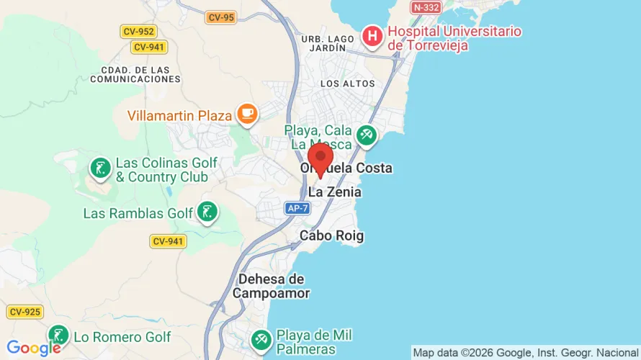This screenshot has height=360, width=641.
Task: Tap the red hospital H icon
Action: tap(372, 35)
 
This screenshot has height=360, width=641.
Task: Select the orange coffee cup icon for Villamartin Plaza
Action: tap(247, 113)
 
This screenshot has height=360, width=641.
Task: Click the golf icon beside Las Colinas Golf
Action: tap(99, 168)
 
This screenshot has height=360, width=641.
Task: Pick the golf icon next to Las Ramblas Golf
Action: tap(207, 212)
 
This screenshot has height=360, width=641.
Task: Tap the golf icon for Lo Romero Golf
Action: tap(58, 335)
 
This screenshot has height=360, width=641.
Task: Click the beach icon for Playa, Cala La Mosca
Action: tap(367, 134)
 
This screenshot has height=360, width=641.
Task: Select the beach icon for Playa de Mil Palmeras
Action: tap(261, 338)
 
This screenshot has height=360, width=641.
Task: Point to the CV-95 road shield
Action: tap(220, 17)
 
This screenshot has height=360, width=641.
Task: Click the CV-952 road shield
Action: tap(138, 32)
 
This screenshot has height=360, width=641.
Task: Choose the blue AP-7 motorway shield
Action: tap(297, 208)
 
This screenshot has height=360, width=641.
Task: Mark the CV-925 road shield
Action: tap(25, 312)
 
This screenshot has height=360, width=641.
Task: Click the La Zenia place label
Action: tap(334, 192)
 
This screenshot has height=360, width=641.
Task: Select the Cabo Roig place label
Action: tap(331, 235)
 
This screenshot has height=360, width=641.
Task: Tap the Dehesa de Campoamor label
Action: tap(271, 286)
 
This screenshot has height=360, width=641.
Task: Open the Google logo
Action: tap(29, 348)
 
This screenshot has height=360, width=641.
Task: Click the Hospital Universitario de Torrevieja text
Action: tap(454, 38)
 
